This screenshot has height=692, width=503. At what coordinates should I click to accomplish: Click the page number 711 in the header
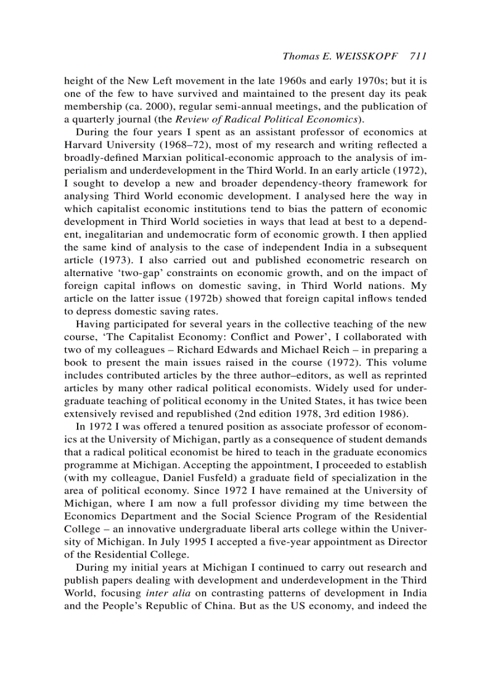click(417, 56)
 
